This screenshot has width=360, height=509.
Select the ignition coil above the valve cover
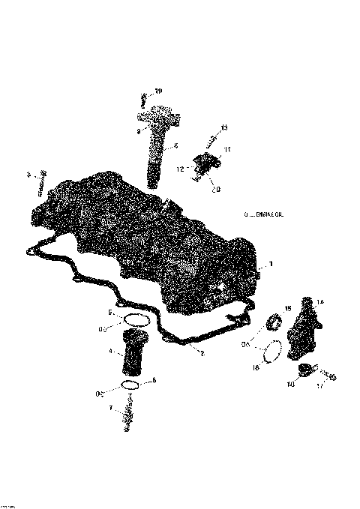click(x=157, y=142)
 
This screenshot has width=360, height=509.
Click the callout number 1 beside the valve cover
click(x=271, y=264)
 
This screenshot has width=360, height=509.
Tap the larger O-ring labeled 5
click(x=134, y=320)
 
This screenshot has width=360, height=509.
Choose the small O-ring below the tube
click(x=130, y=385)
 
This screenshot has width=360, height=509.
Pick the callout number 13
click(x=224, y=129)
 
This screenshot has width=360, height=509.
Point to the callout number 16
click(x=255, y=368)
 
